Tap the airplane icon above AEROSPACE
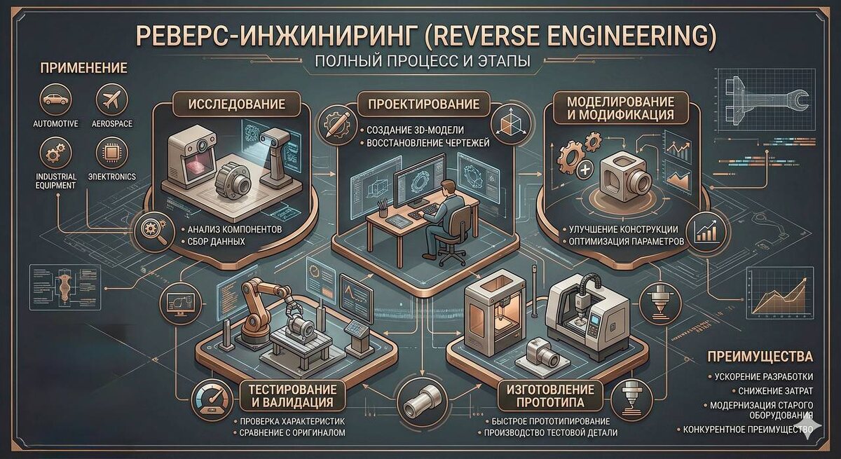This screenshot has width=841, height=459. (111, 100)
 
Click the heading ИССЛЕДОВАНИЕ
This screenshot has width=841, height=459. (237, 104)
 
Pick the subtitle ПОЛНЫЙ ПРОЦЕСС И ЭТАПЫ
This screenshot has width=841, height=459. (423, 61)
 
